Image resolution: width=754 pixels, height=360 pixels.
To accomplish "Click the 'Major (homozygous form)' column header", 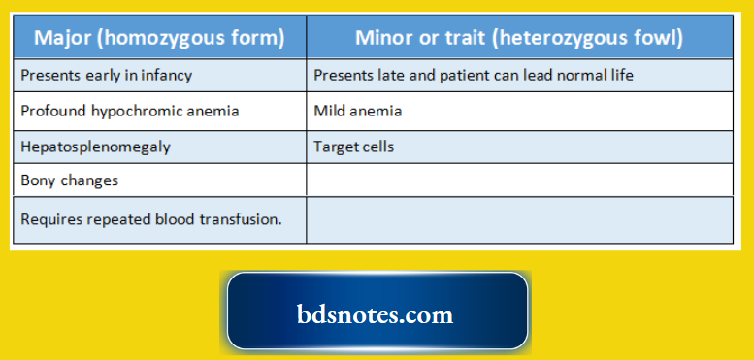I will click(159, 38).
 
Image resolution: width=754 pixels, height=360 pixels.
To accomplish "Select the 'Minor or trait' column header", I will click(519, 38).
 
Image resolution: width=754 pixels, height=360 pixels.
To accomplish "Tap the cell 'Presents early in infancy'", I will click(107, 75).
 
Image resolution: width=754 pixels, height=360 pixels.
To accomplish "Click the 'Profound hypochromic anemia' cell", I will click(130, 111).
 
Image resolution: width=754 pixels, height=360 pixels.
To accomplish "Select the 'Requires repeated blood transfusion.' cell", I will click(151, 219).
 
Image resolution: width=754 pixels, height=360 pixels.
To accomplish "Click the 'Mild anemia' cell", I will click(357, 111).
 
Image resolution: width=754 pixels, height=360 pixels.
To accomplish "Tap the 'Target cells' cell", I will click(353, 147).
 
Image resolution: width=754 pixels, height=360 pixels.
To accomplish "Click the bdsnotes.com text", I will click(375, 315).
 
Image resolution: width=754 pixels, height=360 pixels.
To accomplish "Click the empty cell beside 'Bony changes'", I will click(519, 180).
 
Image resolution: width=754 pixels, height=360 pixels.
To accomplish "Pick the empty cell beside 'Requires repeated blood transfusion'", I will click(519, 219).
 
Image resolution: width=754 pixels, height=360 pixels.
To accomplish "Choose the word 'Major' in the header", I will click(63, 38).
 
